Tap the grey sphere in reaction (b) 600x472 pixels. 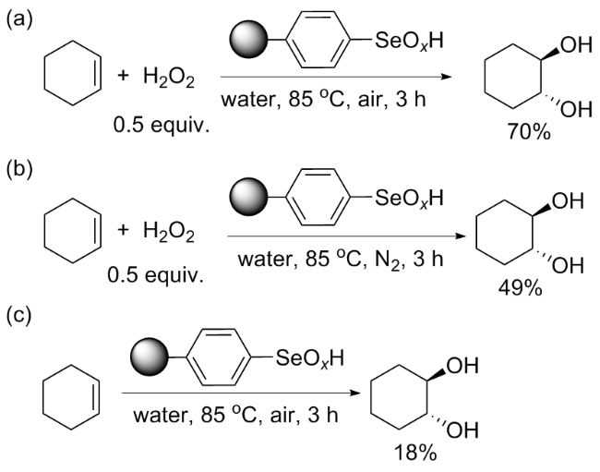coord(242,196)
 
